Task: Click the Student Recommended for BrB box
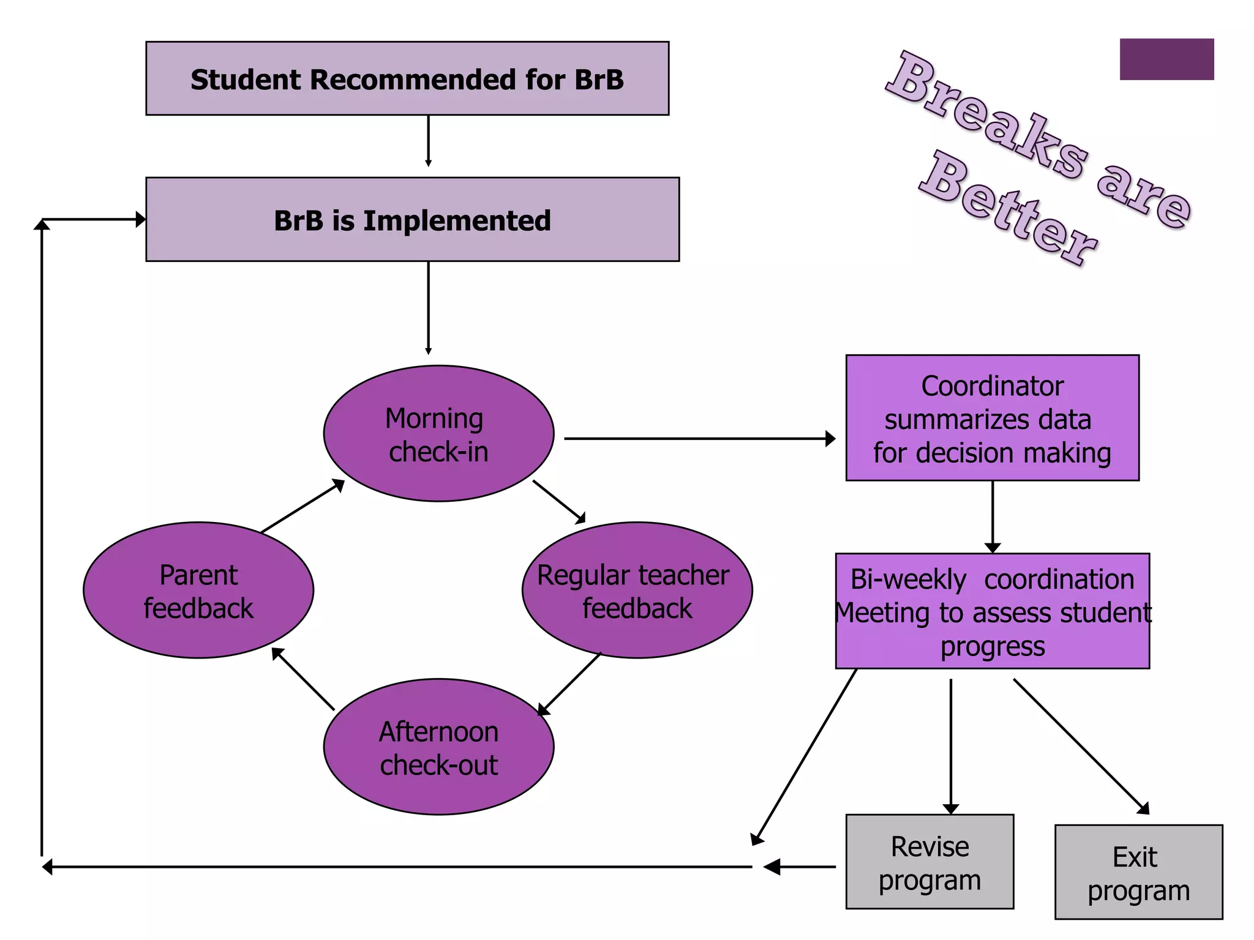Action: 407,78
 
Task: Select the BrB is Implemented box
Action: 412,220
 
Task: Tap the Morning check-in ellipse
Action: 438,433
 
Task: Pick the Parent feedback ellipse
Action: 198,590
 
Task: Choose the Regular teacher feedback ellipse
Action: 637,590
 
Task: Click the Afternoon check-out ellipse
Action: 438,747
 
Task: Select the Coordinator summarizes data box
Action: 992,418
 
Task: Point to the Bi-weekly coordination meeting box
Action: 992,611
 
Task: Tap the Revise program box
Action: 929,862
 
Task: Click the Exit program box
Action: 1138,872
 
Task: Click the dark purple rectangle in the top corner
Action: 1166,59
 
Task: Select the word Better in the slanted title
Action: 1007,208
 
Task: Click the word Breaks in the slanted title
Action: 986,116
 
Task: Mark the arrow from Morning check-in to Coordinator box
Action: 698,438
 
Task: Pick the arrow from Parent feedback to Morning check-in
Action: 302,506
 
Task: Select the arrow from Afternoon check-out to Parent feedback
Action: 304,679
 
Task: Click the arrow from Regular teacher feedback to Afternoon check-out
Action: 569,684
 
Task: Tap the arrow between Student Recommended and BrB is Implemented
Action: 428,141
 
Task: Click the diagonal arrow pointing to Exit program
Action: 1081,746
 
